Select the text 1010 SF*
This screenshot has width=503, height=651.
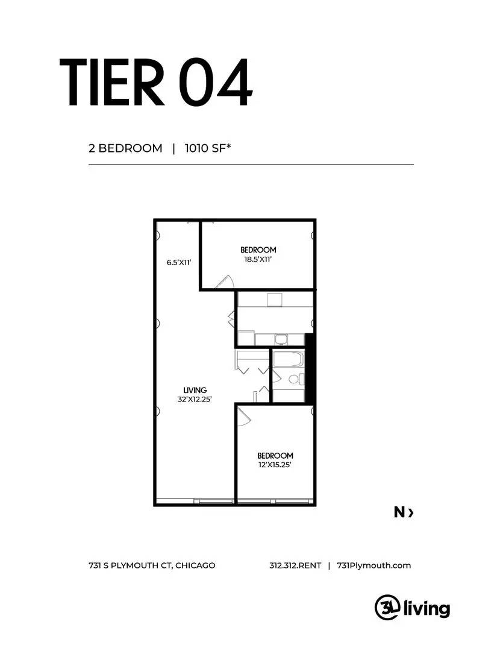[x=208, y=148]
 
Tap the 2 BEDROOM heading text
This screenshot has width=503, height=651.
[x=125, y=148]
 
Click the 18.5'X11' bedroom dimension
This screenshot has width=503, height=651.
[x=258, y=259]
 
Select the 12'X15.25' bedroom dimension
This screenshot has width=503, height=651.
[x=275, y=465]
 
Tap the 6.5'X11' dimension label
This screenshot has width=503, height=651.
[x=179, y=262]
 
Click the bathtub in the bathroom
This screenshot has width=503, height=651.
[x=287, y=360]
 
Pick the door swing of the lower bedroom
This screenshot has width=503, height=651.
[x=245, y=417]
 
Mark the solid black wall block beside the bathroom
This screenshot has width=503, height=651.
[x=310, y=367]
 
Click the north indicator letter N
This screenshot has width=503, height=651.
[x=399, y=512]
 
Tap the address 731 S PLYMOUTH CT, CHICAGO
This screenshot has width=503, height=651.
[x=152, y=565]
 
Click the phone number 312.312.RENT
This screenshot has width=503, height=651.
[x=295, y=565]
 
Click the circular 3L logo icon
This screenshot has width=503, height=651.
[x=386, y=607]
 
